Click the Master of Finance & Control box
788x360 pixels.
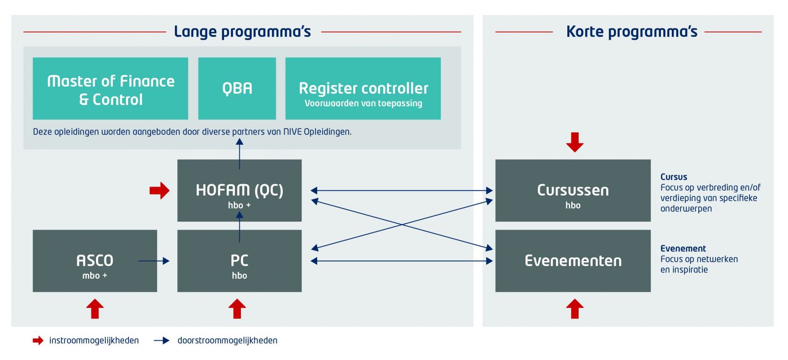click(x=110, y=88)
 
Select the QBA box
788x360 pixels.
click(x=237, y=88)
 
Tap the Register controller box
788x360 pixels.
click(x=363, y=88)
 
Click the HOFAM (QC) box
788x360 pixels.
click(x=239, y=191)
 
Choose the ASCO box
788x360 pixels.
click(x=95, y=261)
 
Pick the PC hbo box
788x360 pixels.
click(x=239, y=261)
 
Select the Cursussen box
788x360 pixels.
click(x=573, y=191)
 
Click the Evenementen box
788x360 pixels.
click(x=573, y=261)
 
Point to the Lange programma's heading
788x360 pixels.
click(x=242, y=32)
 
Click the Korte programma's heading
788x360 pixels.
click(x=632, y=32)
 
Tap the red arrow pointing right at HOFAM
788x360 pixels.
click(x=160, y=191)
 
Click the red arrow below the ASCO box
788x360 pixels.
click(x=95, y=309)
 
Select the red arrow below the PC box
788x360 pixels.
click(x=237, y=309)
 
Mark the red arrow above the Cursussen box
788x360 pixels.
click(x=575, y=142)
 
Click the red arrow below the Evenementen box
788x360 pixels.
click(x=575, y=309)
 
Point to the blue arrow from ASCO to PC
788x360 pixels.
click(x=154, y=261)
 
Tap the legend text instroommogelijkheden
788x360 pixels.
click(x=94, y=340)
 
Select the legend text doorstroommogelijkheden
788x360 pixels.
click(x=227, y=340)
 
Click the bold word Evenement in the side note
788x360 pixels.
click(x=683, y=248)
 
